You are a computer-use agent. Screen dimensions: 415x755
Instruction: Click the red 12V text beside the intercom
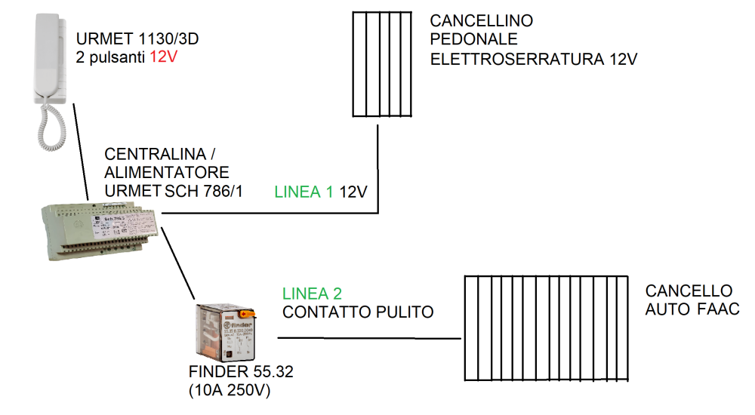(164, 56)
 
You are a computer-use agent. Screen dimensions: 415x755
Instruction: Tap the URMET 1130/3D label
(137, 38)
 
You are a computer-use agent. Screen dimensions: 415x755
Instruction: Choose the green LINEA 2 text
(313, 294)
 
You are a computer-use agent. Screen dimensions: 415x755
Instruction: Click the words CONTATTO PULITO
(358, 311)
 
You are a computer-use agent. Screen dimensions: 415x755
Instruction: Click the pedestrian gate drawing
(383, 64)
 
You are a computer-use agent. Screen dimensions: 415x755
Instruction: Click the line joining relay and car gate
(370, 338)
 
